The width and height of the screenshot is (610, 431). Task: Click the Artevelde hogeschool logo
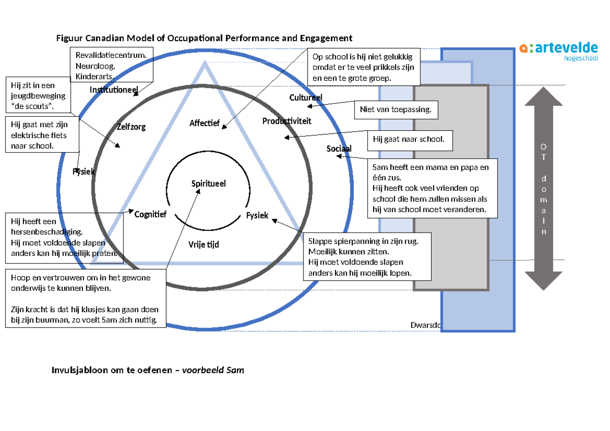558,51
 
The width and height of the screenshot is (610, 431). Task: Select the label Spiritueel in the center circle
208,184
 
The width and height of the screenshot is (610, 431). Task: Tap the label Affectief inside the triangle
204,123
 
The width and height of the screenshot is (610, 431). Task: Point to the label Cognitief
150,214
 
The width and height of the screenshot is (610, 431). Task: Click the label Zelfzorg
131,127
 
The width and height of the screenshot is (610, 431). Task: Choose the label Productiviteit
287,121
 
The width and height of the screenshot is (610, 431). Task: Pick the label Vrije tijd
203,244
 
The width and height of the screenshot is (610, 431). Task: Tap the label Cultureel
306,97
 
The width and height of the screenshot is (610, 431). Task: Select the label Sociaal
339,148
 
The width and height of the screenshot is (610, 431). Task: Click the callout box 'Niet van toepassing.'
395,109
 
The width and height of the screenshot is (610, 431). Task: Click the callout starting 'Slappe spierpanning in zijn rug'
367,256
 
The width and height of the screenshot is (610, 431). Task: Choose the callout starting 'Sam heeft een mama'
432,188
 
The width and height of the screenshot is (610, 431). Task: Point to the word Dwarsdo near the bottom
424,325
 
